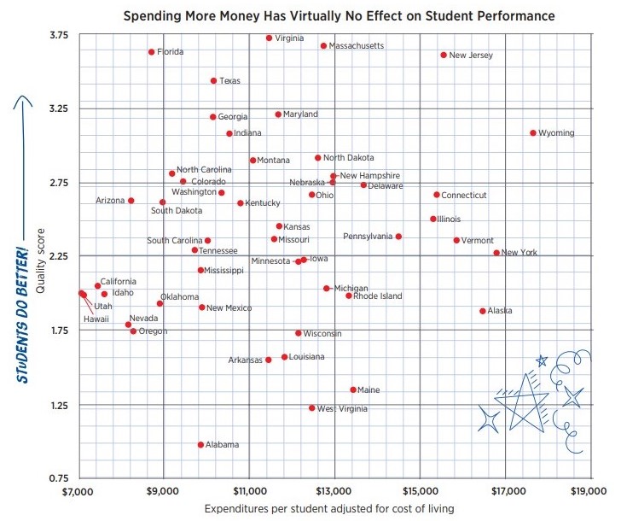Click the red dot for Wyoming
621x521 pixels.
[533, 133]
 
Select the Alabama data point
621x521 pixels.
[200, 445]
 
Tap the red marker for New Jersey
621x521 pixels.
[444, 55]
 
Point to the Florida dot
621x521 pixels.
[152, 52]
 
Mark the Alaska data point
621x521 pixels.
[483, 311]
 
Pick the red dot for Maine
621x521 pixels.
[353, 389]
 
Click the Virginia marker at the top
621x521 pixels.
[270, 38]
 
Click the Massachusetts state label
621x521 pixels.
[357, 45]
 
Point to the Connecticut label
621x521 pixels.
[464, 196]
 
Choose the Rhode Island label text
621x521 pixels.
[378, 296]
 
